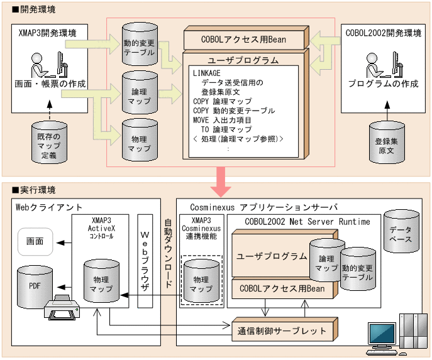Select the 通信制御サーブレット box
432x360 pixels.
(282, 330)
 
